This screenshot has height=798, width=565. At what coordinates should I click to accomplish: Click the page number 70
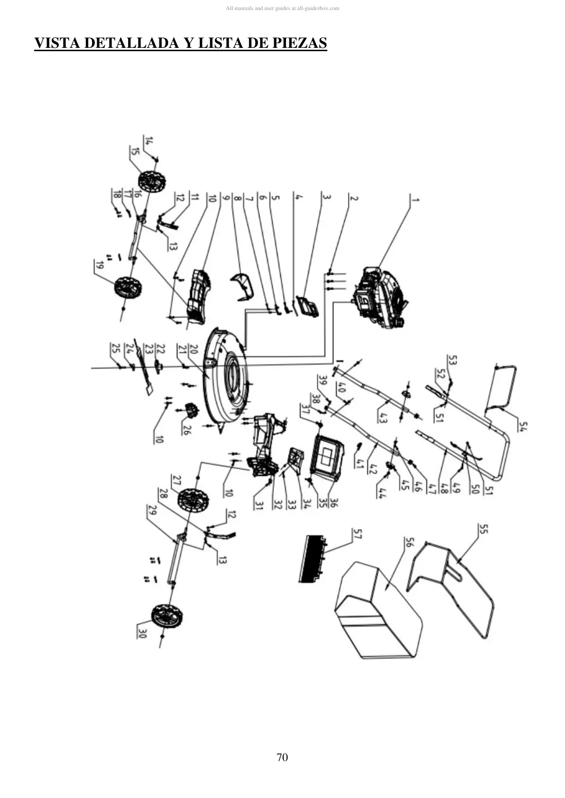[282, 757]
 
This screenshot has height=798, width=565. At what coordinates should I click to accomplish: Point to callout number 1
[415, 199]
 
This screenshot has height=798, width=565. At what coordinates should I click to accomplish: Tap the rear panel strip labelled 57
[313, 559]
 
